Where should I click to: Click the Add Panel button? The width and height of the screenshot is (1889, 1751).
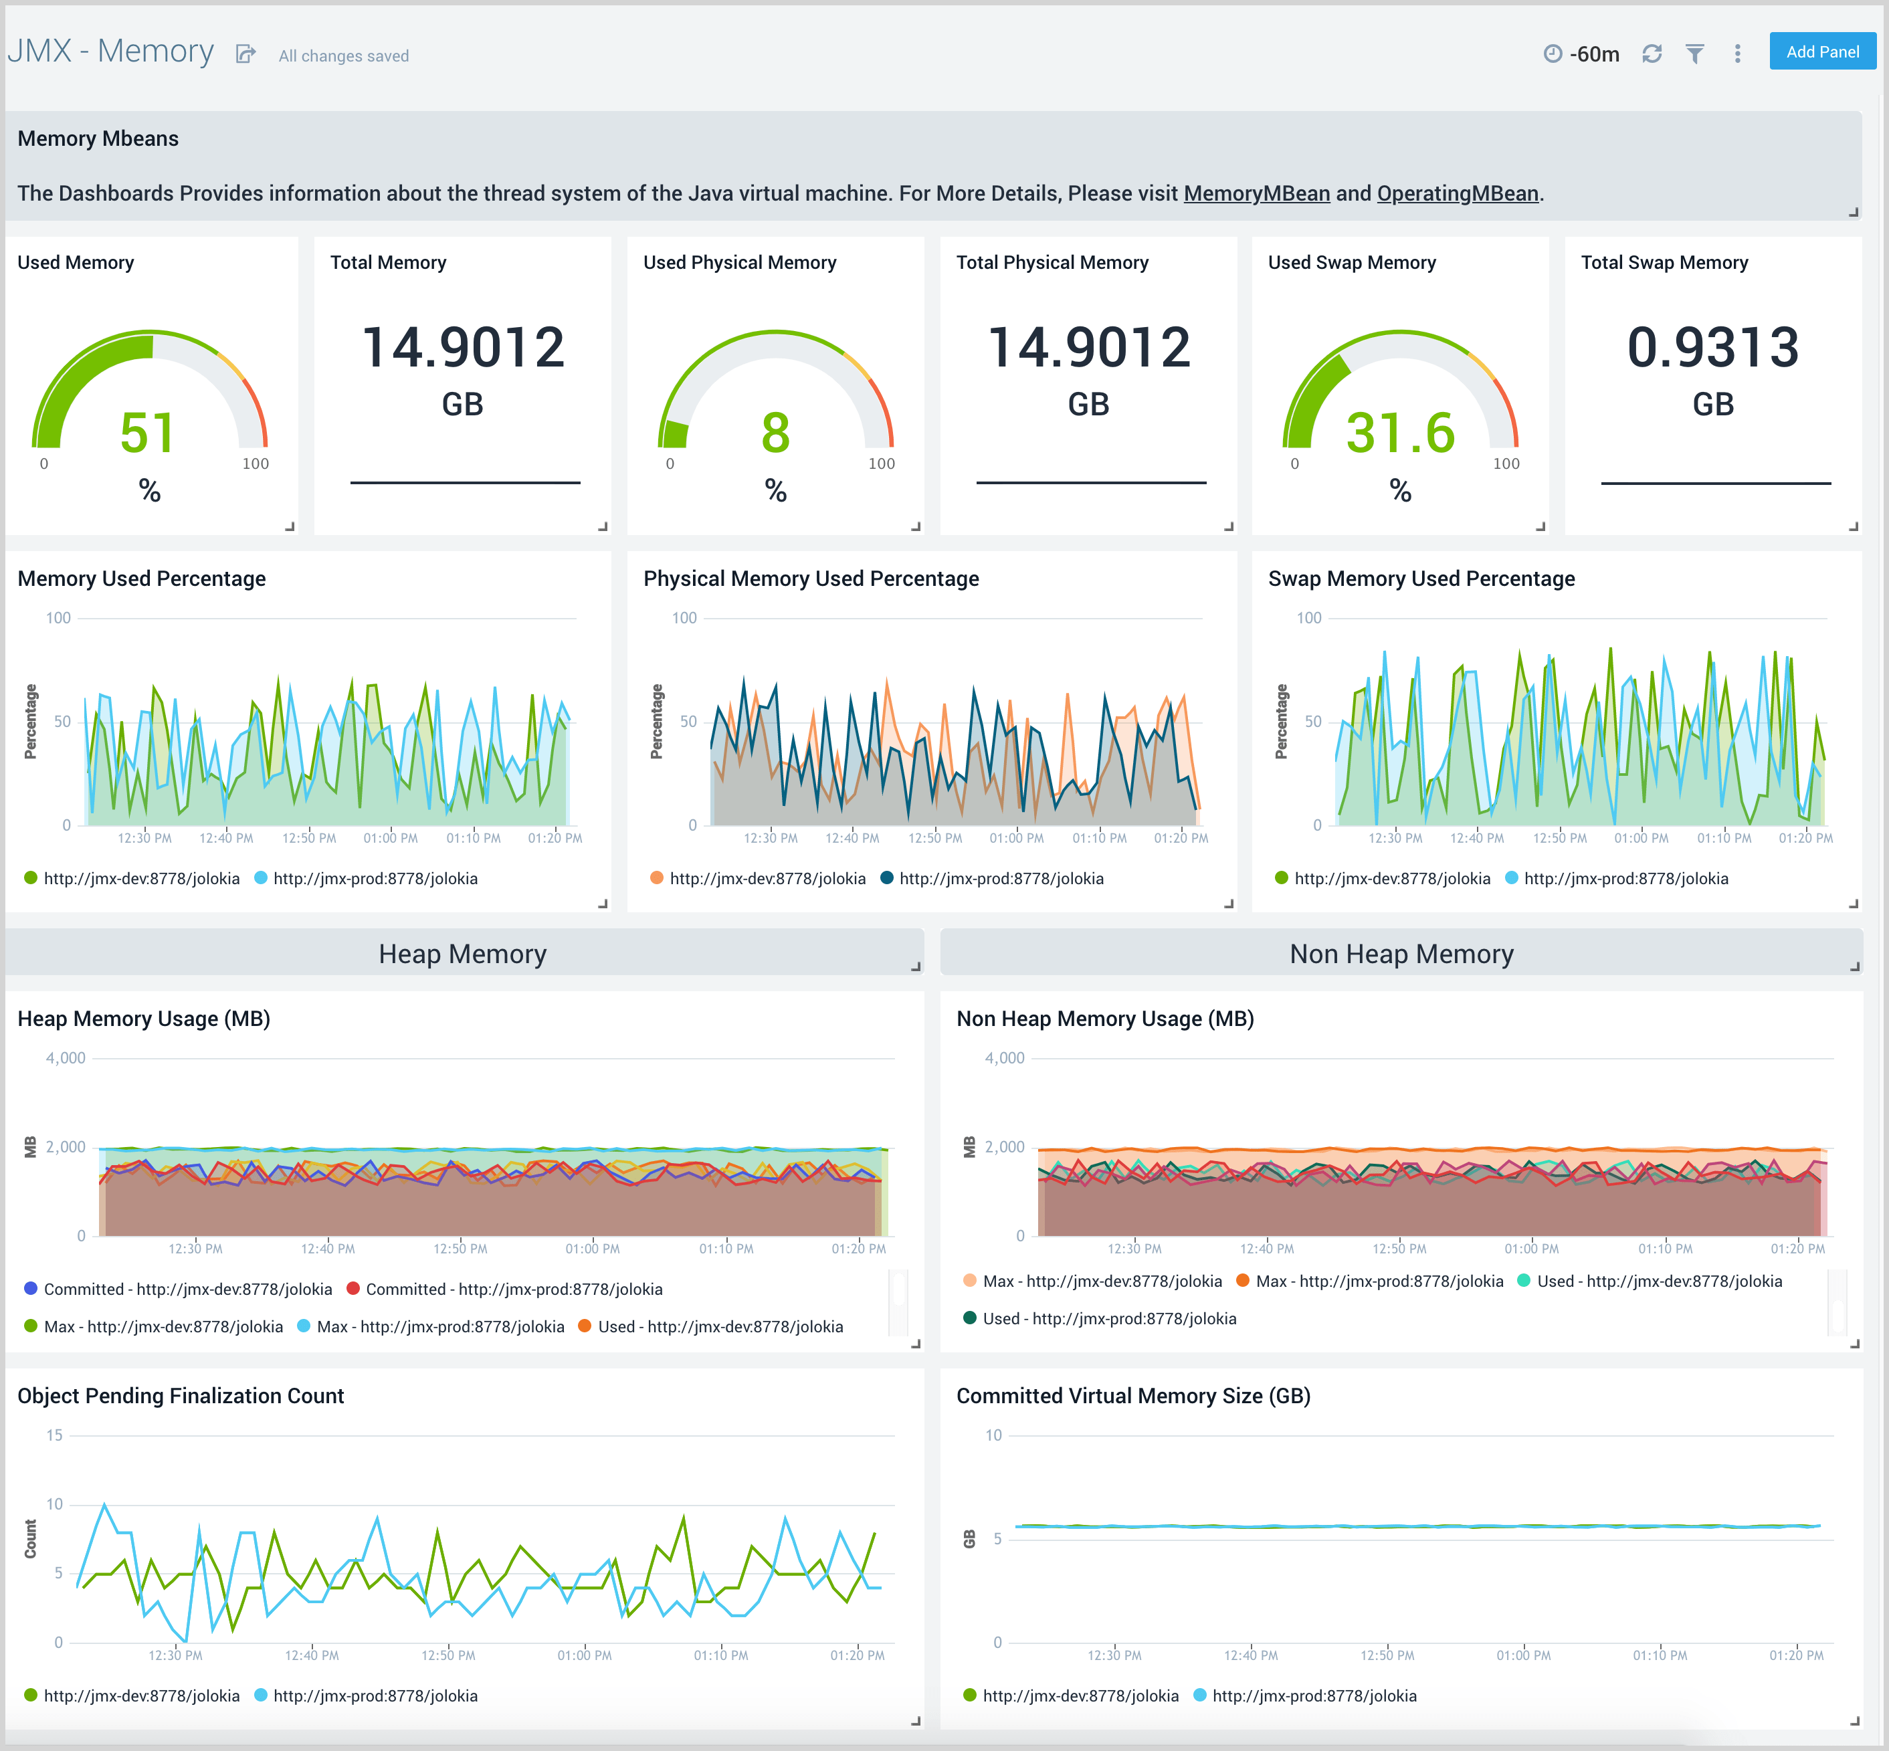[1821, 52]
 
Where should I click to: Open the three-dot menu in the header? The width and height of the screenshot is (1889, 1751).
[1736, 54]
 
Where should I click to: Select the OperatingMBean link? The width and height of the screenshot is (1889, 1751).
[1457, 193]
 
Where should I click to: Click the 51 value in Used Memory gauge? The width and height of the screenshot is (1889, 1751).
[148, 433]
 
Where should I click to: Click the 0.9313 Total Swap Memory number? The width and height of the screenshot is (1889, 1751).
[1712, 346]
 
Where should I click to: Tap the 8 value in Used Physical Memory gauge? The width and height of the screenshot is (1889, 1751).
[775, 433]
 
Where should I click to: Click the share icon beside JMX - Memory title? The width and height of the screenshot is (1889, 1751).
[245, 54]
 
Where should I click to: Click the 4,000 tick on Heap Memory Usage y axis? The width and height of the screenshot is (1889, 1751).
[66, 1057]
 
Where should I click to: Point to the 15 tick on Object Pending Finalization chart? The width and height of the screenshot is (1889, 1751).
[55, 1435]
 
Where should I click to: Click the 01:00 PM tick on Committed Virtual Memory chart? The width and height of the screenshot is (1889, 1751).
[1522, 1655]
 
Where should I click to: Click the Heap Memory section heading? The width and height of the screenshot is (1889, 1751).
[462, 953]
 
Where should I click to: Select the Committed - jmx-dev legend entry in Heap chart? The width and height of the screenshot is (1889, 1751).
[177, 1289]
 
